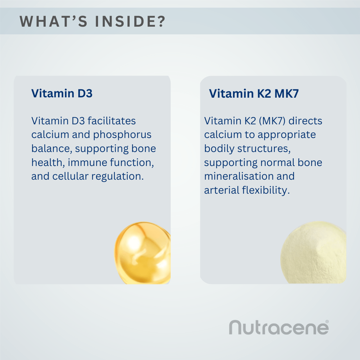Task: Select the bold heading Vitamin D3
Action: point(62,93)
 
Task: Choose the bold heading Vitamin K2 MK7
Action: point(254,94)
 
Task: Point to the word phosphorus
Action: point(122,135)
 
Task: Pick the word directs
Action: point(305,121)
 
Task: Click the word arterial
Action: point(221,190)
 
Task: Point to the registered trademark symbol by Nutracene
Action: point(327,321)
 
